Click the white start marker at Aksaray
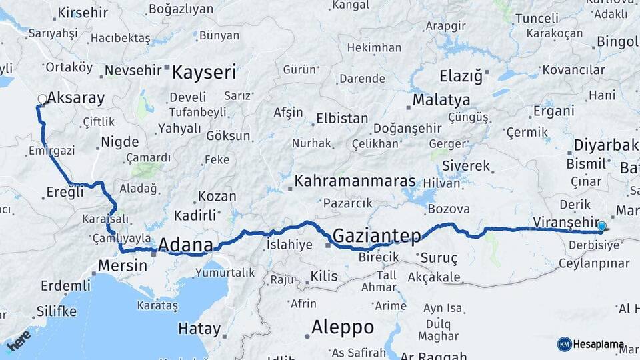[42, 100]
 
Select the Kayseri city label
[204, 72]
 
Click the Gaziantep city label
[377, 235]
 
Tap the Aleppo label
[343, 327]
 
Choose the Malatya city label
[441, 101]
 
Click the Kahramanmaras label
[355, 181]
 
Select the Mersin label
[122, 265]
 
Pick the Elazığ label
[461, 75]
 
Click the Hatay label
[199, 329]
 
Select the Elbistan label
[341, 119]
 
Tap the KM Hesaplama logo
[591, 345]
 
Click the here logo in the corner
[18, 340]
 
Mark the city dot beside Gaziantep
[327, 245]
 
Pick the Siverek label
[466, 165]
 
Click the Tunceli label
[537, 18]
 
